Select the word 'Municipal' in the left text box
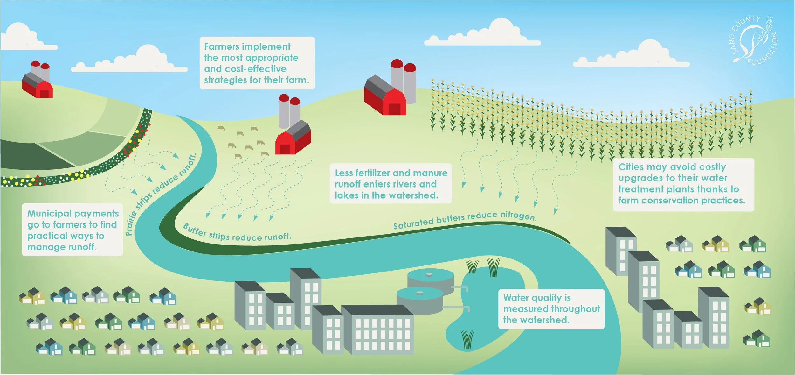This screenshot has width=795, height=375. tap(49, 214)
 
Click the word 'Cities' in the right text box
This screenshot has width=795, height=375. tap(631, 167)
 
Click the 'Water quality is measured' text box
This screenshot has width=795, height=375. tap(551, 309)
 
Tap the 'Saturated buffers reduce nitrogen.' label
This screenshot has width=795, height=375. tap(465, 220)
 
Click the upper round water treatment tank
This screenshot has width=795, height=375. tap(431, 278)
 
